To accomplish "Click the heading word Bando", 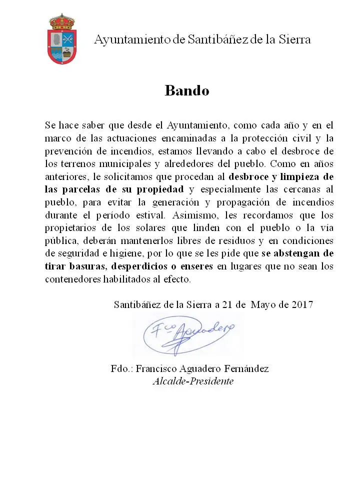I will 186,90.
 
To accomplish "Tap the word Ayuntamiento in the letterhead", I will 131,39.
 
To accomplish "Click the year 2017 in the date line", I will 301,304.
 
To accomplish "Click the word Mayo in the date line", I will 263,304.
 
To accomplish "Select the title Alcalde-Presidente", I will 193,381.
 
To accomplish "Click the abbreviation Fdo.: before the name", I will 121,369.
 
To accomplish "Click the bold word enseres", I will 196,266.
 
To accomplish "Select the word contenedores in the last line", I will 70,279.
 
